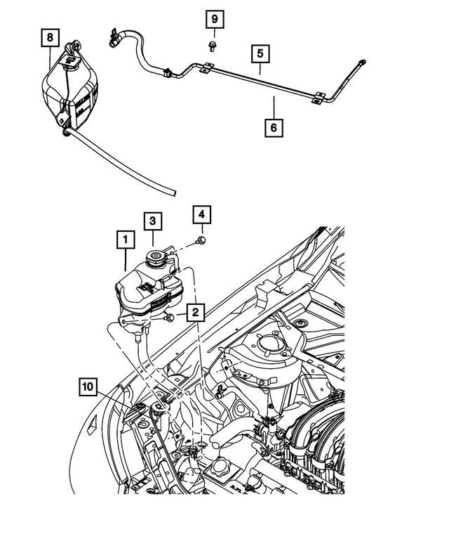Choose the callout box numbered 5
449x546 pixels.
point(260,53)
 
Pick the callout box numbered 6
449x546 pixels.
point(274,128)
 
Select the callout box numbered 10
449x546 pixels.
point(88,386)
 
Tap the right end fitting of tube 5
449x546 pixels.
point(361,64)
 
